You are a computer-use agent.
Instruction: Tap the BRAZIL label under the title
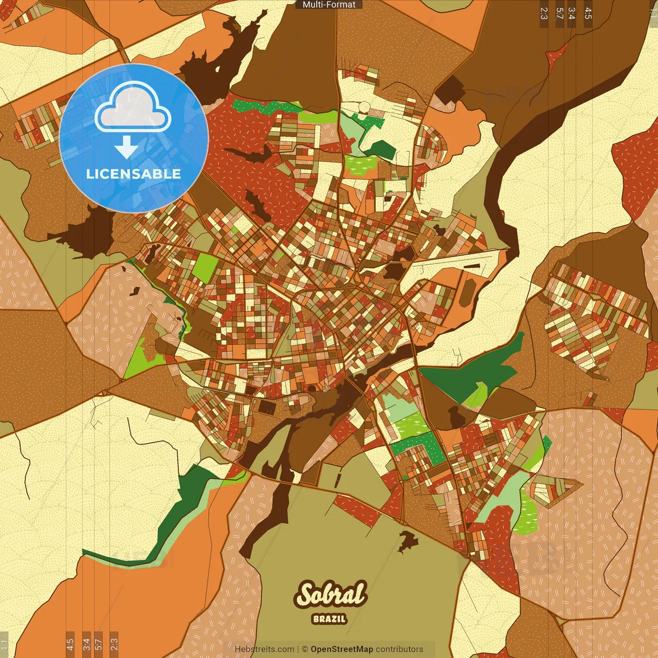point(330,619)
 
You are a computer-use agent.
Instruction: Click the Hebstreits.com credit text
point(264,649)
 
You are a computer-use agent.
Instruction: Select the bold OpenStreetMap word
point(341,649)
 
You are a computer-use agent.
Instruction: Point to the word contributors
point(399,649)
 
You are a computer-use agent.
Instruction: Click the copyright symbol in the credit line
point(304,649)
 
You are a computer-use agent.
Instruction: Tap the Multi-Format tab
point(329,5)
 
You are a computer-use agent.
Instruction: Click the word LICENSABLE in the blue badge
point(134,174)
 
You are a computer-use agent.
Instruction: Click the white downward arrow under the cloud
point(126,148)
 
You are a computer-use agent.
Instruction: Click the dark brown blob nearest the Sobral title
point(409,539)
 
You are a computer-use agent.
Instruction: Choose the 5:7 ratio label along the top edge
point(559,13)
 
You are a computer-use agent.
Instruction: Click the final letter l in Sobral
point(360,593)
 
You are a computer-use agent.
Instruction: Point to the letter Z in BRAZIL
point(333,619)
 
